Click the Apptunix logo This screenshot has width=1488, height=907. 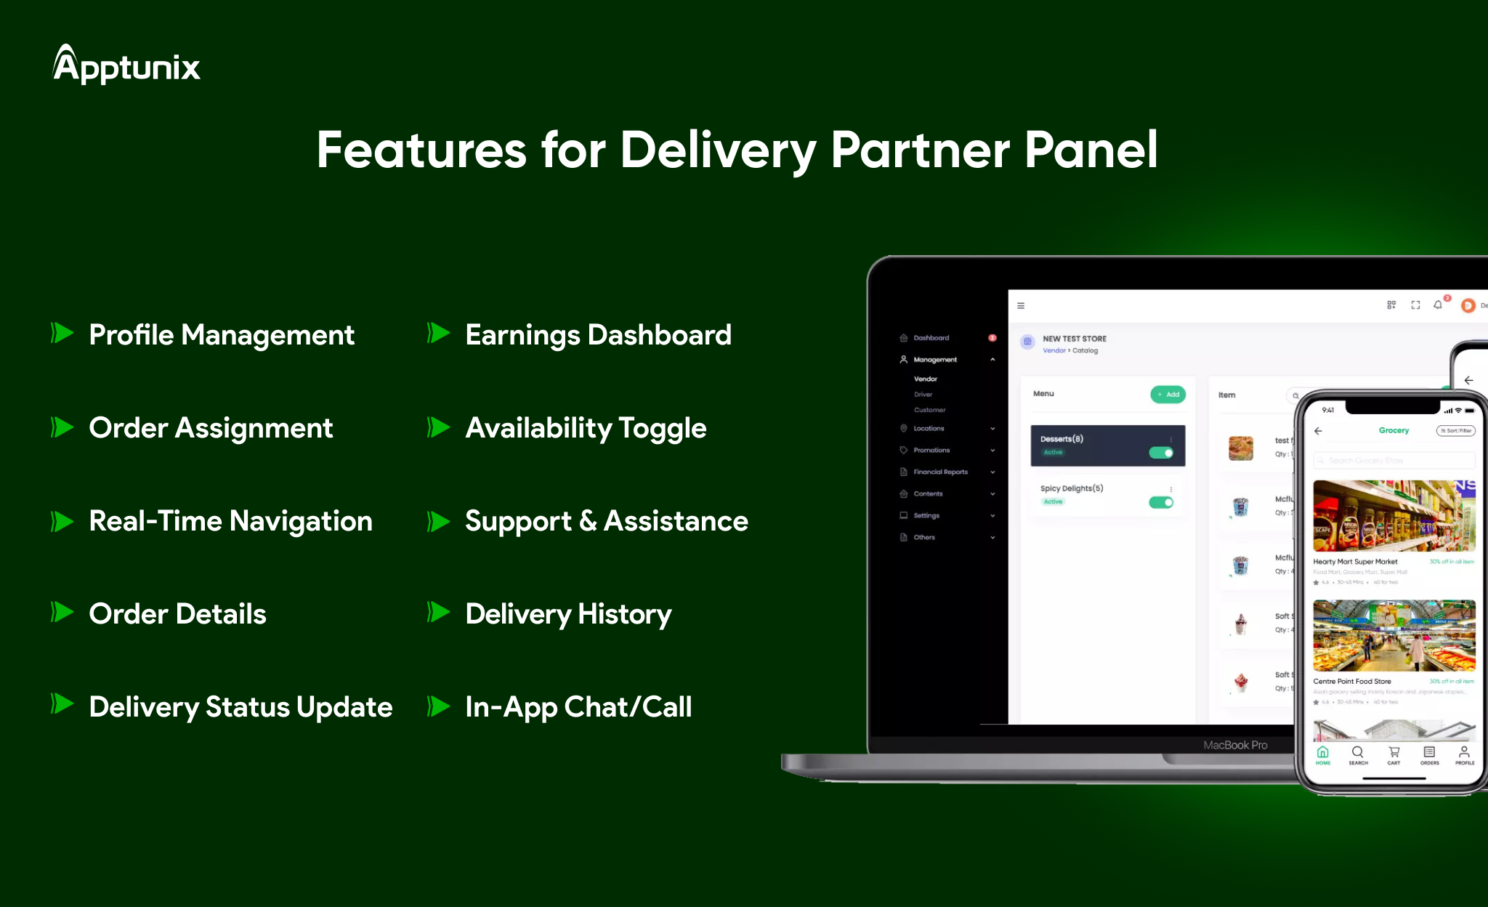(x=126, y=65)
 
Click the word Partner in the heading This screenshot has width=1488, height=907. (x=920, y=150)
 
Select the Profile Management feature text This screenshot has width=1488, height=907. (x=221, y=335)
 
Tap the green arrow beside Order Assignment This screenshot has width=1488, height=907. (x=62, y=427)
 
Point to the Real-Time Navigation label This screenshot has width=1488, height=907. (x=230, y=521)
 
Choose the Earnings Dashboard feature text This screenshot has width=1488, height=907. (x=597, y=335)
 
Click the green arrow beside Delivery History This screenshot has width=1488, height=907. (x=438, y=613)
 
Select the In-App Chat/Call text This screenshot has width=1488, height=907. (x=578, y=707)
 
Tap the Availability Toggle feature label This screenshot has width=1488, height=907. (x=585, y=428)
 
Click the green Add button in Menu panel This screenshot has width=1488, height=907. (x=1168, y=395)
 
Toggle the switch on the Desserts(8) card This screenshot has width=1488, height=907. (x=1161, y=453)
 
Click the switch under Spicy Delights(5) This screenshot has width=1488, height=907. (x=1161, y=502)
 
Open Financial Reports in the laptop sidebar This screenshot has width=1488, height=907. (x=940, y=472)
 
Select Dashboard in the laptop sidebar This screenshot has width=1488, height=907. (x=931, y=338)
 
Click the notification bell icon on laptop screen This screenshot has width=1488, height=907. (x=1437, y=305)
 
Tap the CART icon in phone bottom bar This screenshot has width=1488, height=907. (x=1394, y=754)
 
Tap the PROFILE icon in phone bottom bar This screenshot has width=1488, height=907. (x=1464, y=754)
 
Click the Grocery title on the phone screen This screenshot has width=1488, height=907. (x=1394, y=430)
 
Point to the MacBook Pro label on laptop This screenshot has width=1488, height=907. (x=1234, y=745)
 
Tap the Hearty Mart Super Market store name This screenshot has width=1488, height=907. (x=1355, y=562)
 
